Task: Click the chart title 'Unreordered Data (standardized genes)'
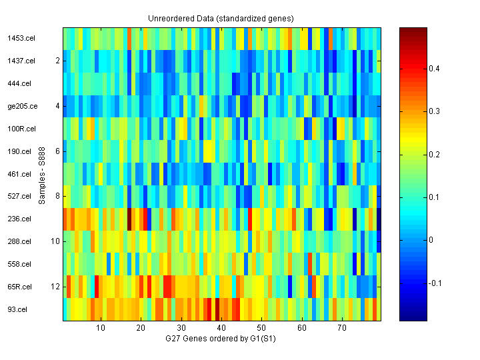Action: pyautogui.click(x=221, y=18)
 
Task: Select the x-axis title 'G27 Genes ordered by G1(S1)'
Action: pyautogui.click(x=221, y=339)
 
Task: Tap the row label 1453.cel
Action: pyautogui.click(x=21, y=38)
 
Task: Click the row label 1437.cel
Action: pyautogui.click(x=21, y=61)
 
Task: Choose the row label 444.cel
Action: pyautogui.click(x=19, y=83)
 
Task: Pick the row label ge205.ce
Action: pyautogui.click(x=22, y=106)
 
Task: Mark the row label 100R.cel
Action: pyautogui.click(x=21, y=129)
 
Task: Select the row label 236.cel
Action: pyautogui.click(x=19, y=219)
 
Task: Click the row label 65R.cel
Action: pyautogui.click(x=20, y=287)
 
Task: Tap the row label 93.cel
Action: pyautogui.click(x=17, y=309)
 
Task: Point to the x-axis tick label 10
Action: pyautogui.click(x=101, y=329)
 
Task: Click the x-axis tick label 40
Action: pyautogui.click(x=221, y=329)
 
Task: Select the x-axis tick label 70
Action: pyautogui.click(x=342, y=329)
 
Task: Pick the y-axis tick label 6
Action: pyautogui.click(x=58, y=151)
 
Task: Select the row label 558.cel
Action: pyautogui.click(x=19, y=264)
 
